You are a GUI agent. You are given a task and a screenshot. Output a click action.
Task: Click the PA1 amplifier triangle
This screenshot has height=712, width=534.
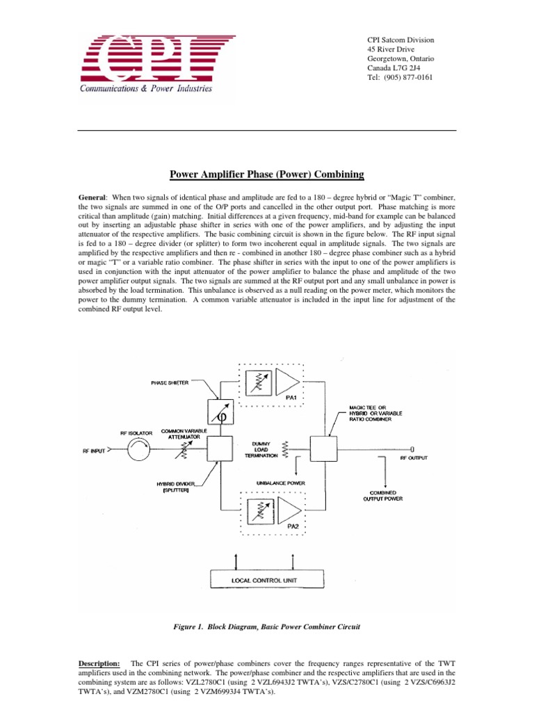(288, 381)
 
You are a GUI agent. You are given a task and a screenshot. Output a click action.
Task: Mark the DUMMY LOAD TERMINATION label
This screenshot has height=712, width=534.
(258, 448)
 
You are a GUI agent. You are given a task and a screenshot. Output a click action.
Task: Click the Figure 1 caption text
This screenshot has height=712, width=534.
(267, 627)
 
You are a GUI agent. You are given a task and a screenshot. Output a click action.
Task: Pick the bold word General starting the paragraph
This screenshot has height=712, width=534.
(94, 198)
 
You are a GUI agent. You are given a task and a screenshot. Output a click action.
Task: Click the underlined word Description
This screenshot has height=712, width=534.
(99, 664)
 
